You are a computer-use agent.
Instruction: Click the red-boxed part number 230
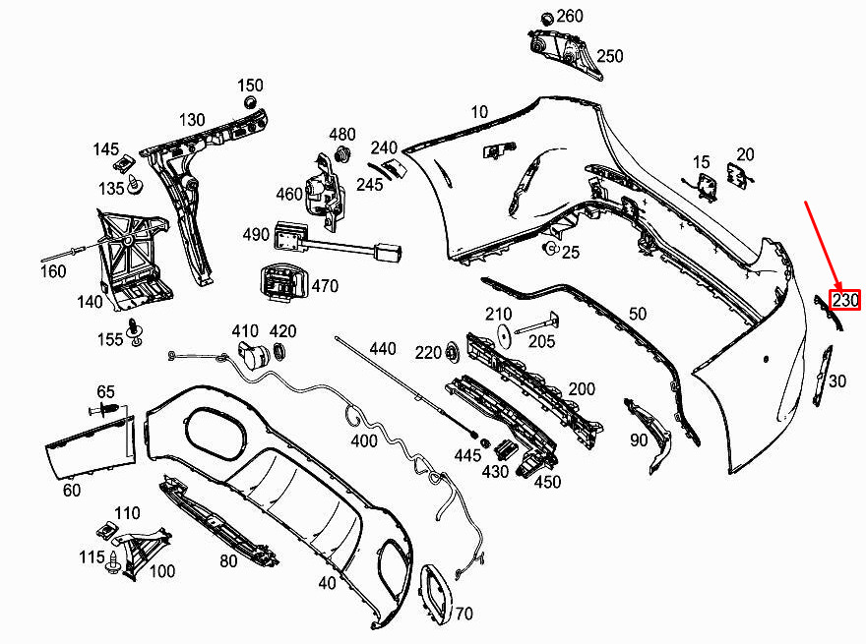coord(845,300)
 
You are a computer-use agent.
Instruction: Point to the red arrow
coord(823,247)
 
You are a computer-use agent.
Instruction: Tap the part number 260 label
coord(570,16)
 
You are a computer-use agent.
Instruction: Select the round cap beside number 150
coord(251,102)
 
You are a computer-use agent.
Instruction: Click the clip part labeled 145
coord(124,162)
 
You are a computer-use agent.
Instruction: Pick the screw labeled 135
coord(134,184)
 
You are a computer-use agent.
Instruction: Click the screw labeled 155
coord(134,331)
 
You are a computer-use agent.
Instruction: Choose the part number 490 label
coord(256,235)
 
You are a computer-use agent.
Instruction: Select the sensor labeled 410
coord(252,354)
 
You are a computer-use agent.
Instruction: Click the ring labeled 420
coord(280,352)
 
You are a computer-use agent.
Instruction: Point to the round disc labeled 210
coord(504,336)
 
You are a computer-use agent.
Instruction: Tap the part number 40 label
coord(327,583)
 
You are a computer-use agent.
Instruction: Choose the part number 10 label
coord(479,112)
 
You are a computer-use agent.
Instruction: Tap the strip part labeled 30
coord(823,377)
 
